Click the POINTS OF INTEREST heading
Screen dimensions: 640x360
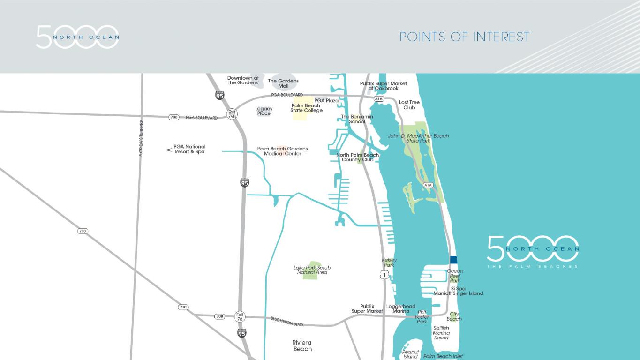click(464, 37)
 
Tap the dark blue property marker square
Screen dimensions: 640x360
click(453, 260)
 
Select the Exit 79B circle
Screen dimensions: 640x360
click(232, 113)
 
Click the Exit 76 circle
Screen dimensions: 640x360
click(240, 317)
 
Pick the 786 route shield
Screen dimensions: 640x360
click(174, 117)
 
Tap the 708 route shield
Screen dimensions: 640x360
click(220, 316)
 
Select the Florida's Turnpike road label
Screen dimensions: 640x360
click(141, 138)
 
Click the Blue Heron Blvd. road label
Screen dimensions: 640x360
click(287, 322)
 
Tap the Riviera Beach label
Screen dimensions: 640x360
click(302, 346)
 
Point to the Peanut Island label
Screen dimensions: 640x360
click(410, 354)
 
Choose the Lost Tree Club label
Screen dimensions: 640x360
click(409, 105)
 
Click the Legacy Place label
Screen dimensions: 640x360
click(264, 111)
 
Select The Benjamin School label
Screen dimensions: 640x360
click(357, 119)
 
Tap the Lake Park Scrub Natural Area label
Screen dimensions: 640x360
click(312, 270)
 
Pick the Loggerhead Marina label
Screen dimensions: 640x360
click(401, 308)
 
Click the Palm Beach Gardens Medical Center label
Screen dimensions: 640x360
click(282, 151)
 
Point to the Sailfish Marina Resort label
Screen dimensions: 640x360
click(441, 333)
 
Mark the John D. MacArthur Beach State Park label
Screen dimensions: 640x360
click(418, 138)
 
